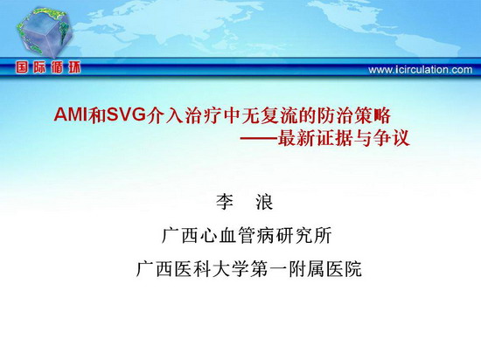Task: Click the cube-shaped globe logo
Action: pyautogui.click(x=45, y=32)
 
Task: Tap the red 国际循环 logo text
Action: pyautogui.click(x=48, y=67)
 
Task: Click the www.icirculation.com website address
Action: pyautogui.click(x=421, y=70)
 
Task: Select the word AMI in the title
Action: pyautogui.click(x=71, y=115)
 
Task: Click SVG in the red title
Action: pyautogui.click(x=125, y=115)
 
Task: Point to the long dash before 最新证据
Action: pyautogui.click(x=258, y=139)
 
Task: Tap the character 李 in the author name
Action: pyautogui.click(x=225, y=202)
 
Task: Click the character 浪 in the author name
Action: pyautogui.click(x=264, y=202)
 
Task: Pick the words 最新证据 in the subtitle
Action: pyautogui.click(x=315, y=138)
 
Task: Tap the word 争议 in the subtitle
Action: pyautogui.click(x=391, y=138)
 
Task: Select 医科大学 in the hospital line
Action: pyautogui.click(x=213, y=269)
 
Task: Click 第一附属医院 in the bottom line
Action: pyautogui.click(x=306, y=269)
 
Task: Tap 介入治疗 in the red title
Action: pyautogui.click(x=184, y=115)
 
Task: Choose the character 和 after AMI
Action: pyautogui.click(x=96, y=115)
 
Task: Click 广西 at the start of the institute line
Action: pyautogui.click(x=180, y=236)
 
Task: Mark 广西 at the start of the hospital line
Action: pyautogui.click(x=155, y=269)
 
